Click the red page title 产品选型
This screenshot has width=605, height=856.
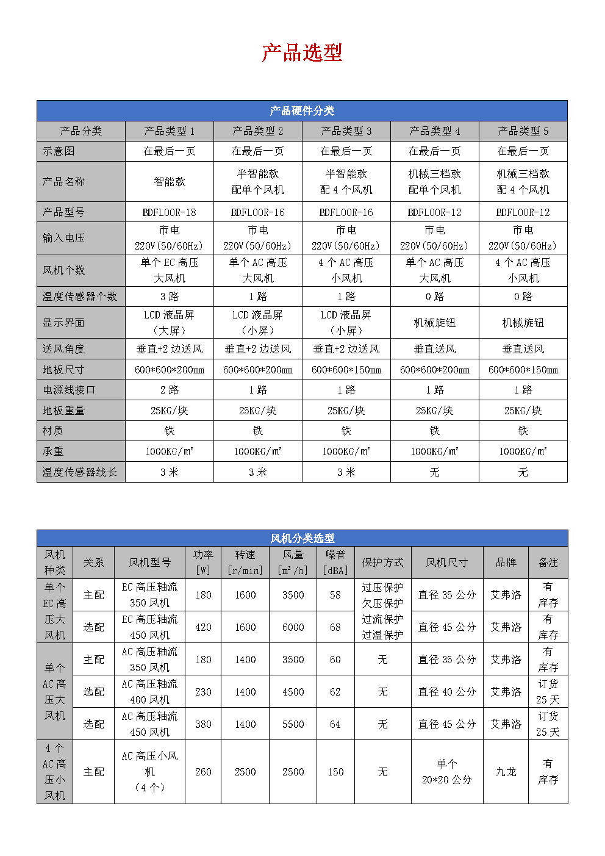(x=302, y=53)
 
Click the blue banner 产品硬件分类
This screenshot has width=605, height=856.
(x=302, y=111)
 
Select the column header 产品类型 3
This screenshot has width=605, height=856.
(x=346, y=131)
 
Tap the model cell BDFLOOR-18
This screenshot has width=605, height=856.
(x=169, y=212)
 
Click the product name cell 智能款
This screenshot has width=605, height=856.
(x=169, y=182)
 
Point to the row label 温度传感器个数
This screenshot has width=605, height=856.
(x=79, y=297)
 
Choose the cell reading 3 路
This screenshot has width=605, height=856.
(x=169, y=297)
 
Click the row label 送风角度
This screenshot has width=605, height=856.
(x=63, y=349)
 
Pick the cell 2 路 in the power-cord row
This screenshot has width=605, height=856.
(x=169, y=390)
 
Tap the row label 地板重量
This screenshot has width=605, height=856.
(x=63, y=411)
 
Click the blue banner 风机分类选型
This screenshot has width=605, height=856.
(x=302, y=538)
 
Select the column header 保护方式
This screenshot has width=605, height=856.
(x=382, y=563)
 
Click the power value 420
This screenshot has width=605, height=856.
(x=203, y=627)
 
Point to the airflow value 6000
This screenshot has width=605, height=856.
(x=293, y=627)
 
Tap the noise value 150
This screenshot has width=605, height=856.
(x=335, y=772)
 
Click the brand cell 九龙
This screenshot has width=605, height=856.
(x=506, y=772)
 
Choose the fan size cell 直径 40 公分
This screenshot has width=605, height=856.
(x=446, y=692)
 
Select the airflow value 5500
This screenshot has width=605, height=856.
(x=293, y=724)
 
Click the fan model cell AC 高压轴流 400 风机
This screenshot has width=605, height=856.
(x=149, y=692)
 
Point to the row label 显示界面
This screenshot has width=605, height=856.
(x=63, y=323)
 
